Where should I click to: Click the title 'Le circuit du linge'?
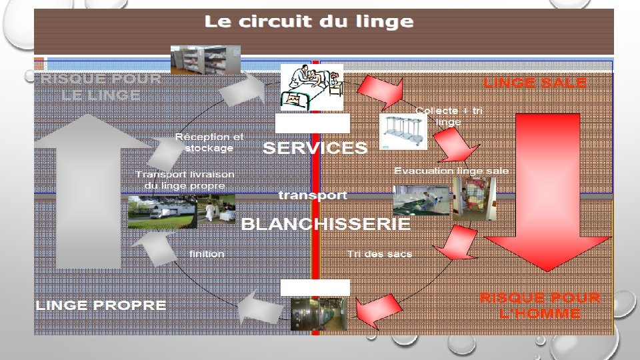tap(309, 21)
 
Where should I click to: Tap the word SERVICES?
tap(315, 148)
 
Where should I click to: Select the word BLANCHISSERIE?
tap(325, 225)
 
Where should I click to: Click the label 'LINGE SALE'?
tap(535, 83)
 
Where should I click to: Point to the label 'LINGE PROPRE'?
tap(101, 305)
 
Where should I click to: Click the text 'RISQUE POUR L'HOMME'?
tap(540, 305)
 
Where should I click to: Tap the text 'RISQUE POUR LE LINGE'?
tap(101, 87)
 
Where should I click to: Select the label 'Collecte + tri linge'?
tap(449, 116)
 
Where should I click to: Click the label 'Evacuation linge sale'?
tap(451, 171)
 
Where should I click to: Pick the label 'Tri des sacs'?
tap(379, 254)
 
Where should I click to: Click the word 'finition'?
tap(207, 254)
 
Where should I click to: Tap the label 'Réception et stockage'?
tap(209, 142)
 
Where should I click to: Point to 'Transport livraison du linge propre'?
tap(185, 180)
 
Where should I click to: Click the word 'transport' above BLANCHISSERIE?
tap(313, 195)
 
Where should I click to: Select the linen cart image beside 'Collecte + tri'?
tap(403, 132)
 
